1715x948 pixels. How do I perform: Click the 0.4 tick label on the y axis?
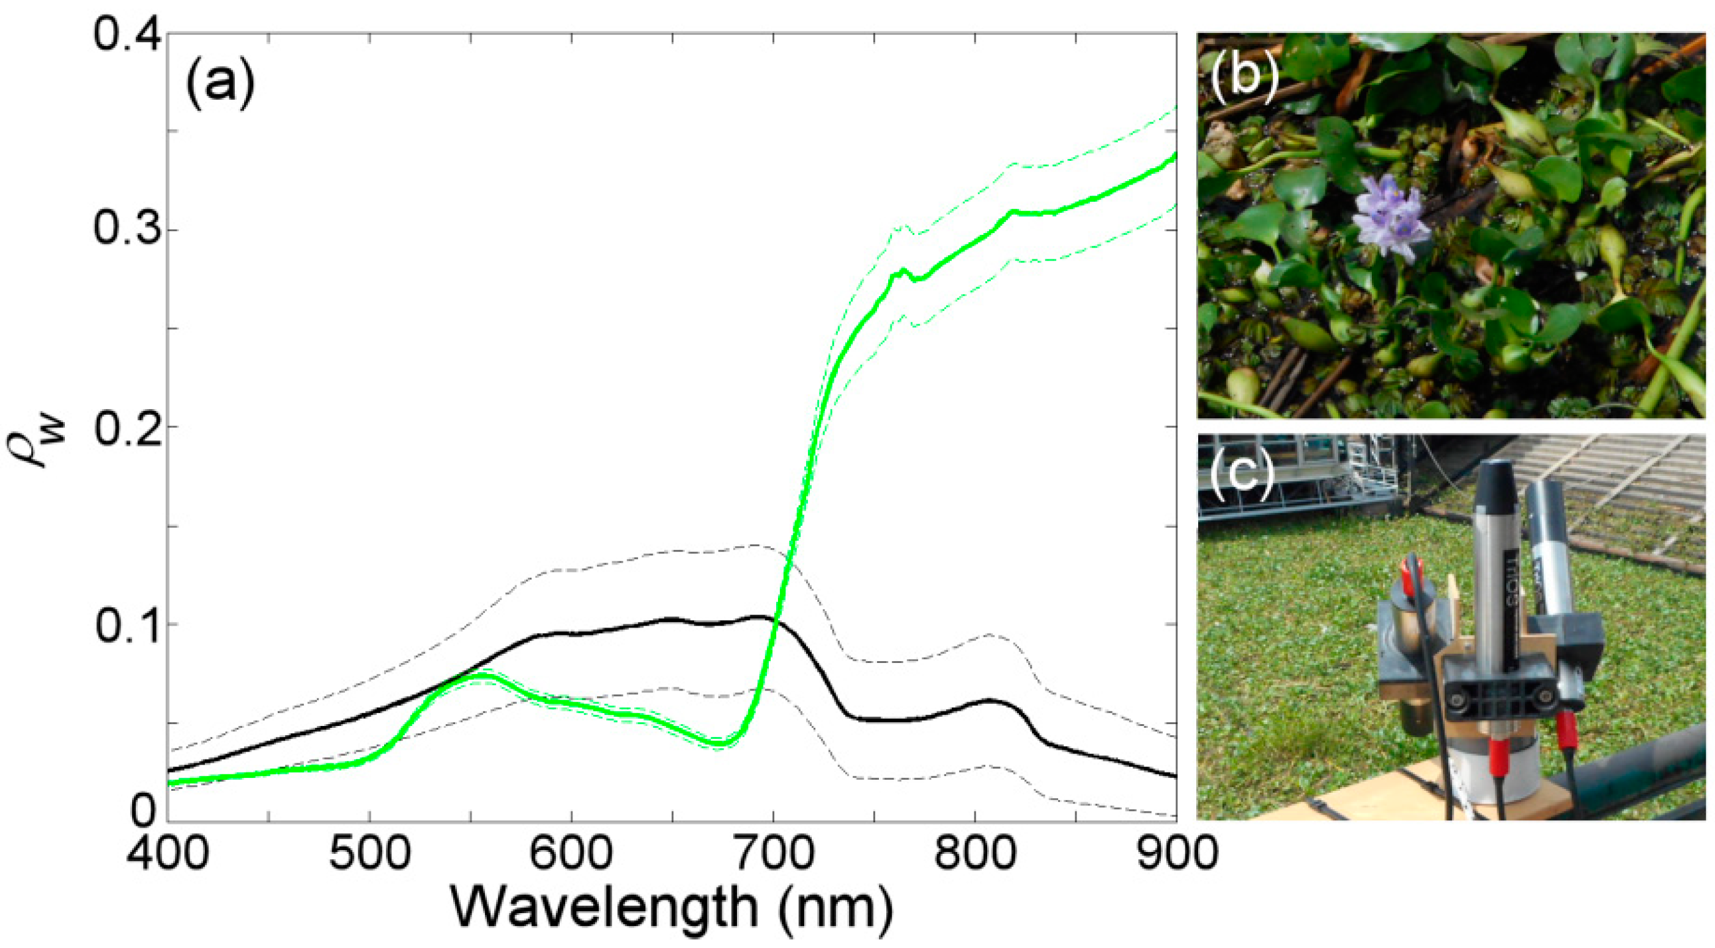coord(127,35)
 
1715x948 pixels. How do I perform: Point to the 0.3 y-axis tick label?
coord(127,230)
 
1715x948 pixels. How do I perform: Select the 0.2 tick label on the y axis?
coord(127,426)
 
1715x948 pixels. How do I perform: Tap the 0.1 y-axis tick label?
coord(127,624)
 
